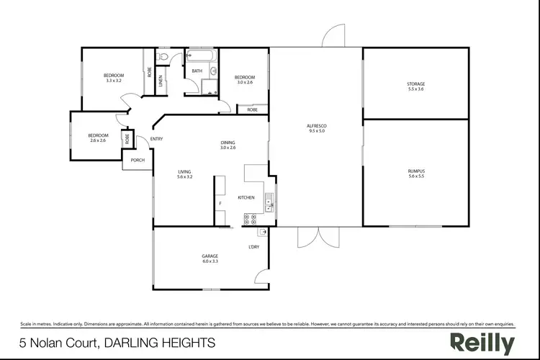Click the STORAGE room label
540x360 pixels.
(416, 84)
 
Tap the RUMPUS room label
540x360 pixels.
(417, 171)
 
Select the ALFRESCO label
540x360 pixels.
(317, 126)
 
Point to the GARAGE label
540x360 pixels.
(210, 256)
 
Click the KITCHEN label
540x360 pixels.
(247, 197)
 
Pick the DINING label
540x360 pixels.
(228, 143)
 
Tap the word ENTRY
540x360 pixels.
(156, 139)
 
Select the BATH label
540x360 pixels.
(197, 71)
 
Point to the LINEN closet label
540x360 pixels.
(161, 81)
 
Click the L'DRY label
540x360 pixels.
(253, 247)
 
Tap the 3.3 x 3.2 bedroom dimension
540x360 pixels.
(114, 81)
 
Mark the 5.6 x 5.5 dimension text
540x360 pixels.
(417, 176)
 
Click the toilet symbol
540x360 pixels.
(164, 55)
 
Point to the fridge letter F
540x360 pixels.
(220, 204)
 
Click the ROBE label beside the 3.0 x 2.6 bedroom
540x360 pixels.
(252, 110)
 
